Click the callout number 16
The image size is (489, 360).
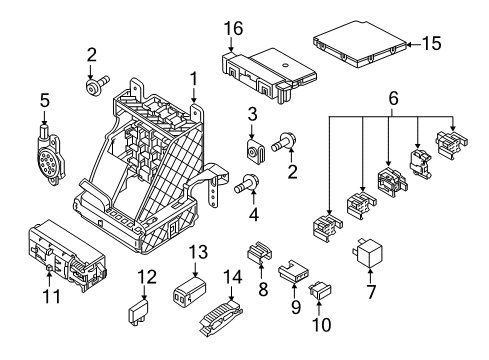(233, 29)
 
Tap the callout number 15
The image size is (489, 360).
(432, 44)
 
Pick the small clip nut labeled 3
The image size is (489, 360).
(255, 150)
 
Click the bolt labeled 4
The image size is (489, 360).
(246, 184)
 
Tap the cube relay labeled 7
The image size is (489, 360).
(367, 253)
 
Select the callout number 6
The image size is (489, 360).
(394, 99)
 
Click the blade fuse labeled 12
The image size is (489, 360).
(139, 311)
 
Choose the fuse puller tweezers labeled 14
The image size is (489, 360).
(221, 317)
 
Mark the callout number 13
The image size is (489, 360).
(198, 252)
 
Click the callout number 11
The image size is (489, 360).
(52, 296)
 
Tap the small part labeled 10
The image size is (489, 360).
(320, 291)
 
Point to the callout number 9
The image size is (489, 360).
(296, 307)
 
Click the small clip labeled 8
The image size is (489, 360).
(259, 253)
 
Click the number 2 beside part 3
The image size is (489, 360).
(292, 172)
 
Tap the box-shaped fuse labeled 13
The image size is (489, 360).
(189, 291)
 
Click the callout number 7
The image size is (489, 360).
(371, 292)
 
